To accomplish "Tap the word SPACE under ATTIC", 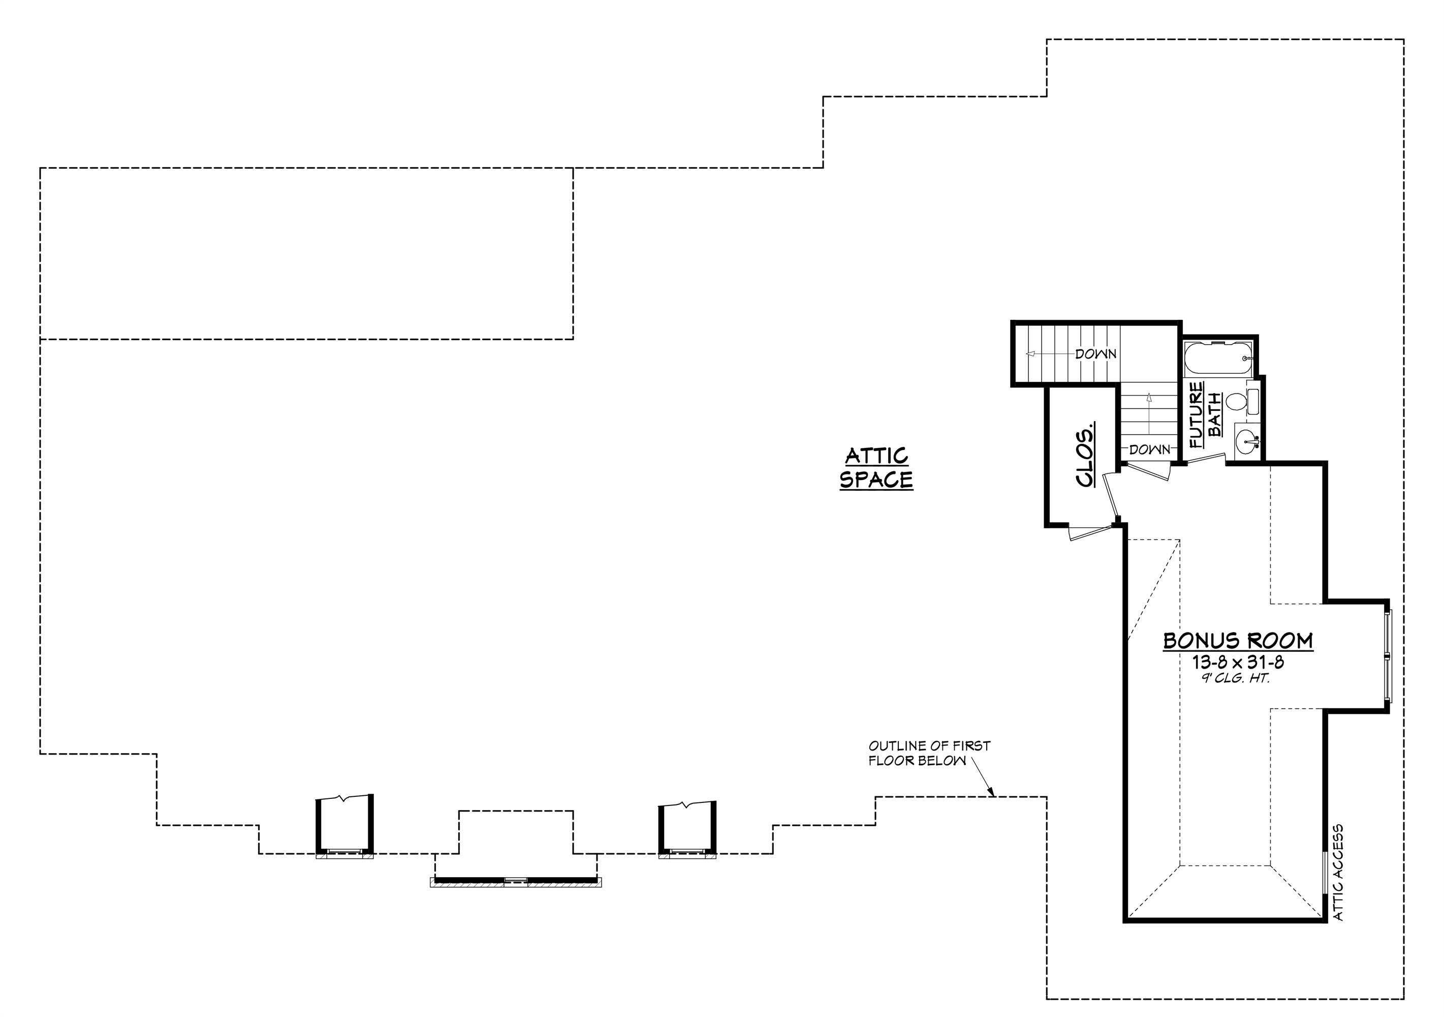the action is (876, 480).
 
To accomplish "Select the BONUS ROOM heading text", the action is (1238, 641).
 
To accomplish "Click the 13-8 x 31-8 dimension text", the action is (1238, 662).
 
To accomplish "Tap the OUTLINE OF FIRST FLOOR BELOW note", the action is (929, 753).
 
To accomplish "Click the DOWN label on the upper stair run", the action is (1095, 354).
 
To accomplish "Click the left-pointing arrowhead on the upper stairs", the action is (1030, 354).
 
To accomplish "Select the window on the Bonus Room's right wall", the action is (1389, 656).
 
